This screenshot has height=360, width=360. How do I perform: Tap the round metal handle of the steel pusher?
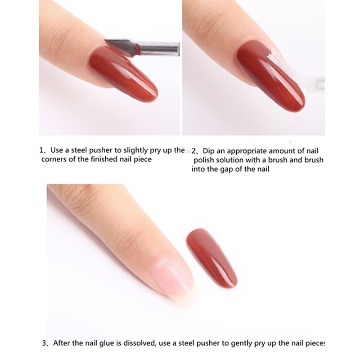160,49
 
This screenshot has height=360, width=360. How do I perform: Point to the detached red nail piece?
211,258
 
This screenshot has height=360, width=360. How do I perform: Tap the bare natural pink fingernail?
175,279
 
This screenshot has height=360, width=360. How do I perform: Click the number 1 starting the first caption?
41,151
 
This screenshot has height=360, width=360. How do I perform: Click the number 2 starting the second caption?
194,151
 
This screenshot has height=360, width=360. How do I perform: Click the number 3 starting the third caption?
44,343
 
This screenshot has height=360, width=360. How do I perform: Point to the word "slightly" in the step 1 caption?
135,151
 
